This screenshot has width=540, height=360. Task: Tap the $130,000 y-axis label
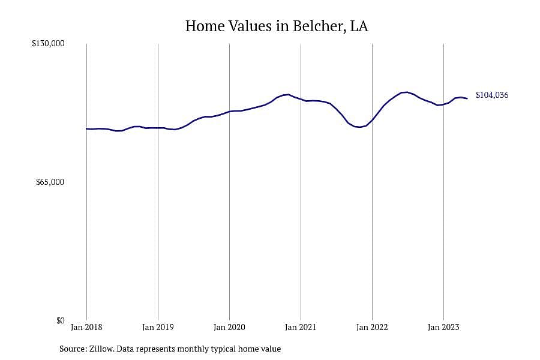[x=48, y=43]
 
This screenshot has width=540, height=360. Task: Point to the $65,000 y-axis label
[x=50, y=182]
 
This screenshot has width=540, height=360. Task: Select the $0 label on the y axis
[x=61, y=320]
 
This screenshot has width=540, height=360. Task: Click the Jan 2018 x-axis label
[x=86, y=327]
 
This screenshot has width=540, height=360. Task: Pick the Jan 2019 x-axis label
[x=158, y=327]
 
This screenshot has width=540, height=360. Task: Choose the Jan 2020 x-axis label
[x=229, y=327]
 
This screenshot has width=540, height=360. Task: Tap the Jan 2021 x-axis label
[x=301, y=327]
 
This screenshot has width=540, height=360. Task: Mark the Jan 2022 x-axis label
[x=372, y=327]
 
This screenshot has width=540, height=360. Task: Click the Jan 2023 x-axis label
[x=443, y=327]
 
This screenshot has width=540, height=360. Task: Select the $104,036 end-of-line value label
[x=492, y=95]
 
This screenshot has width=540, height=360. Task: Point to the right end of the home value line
[x=467, y=98]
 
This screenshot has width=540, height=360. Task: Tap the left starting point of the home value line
[x=86, y=128]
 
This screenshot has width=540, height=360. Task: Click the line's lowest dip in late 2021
[x=359, y=127]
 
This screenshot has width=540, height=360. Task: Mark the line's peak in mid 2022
[x=407, y=92]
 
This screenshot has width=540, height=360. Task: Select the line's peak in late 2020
[x=288, y=94]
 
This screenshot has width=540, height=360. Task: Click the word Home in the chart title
[x=205, y=26]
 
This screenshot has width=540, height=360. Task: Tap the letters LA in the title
[x=359, y=26]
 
